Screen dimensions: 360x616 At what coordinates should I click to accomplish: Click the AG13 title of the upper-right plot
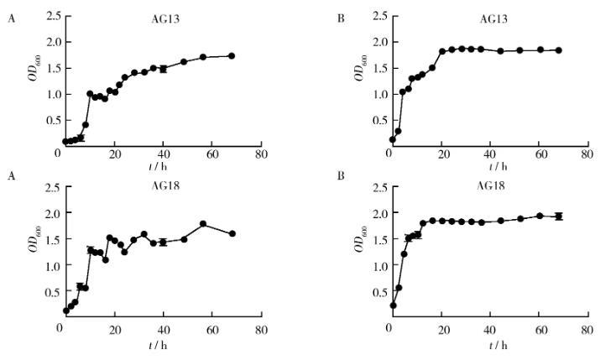click(490, 18)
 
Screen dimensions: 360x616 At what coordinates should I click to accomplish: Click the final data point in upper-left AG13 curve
click(232, 56)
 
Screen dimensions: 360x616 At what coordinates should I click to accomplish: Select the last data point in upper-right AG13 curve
click(559, 50)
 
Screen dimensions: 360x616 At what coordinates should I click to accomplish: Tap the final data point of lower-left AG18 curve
click(232, 233)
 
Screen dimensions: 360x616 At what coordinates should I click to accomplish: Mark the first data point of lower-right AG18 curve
click(393, 305)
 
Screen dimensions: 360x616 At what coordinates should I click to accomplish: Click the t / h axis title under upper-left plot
click(158, 166)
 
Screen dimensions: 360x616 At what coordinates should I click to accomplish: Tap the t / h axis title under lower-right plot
click(488, 342)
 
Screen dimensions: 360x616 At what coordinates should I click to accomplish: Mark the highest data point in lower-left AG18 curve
click(203, 224)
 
